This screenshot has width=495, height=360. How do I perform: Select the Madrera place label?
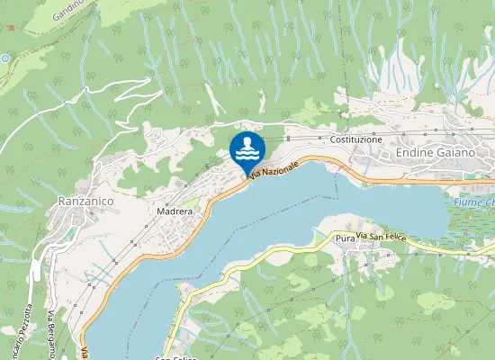175,211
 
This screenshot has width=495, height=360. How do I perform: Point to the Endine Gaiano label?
436,153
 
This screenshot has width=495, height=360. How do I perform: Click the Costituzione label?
356,140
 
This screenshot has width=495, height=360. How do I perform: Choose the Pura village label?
344,238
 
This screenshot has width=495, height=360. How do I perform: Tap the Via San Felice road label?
381,236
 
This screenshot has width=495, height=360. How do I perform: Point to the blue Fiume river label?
474,202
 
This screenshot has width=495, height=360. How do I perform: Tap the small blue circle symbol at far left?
4,58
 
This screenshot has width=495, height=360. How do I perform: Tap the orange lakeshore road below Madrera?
193,233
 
